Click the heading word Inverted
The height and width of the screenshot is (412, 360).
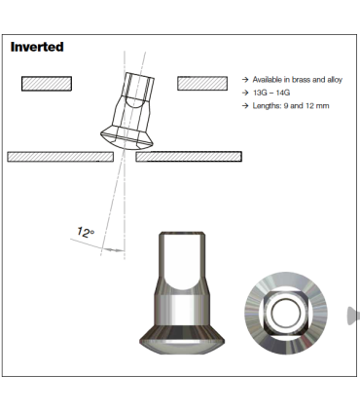click(x=37, y=47)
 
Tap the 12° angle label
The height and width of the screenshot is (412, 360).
click(x=86, y=232)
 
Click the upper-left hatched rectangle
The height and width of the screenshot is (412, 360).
click(x=47, y=84)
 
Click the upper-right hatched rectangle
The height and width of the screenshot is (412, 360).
click(x=202, y=84)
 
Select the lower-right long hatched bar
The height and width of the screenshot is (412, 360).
click(x=189, y=156)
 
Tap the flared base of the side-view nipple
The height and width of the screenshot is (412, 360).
click(x=181, y=341)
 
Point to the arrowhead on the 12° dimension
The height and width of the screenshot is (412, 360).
click(x=120, y=250)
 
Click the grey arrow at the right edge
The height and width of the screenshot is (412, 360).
click(x=353, y=315)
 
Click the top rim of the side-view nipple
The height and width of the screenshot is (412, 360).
click(x=182, y=235)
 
